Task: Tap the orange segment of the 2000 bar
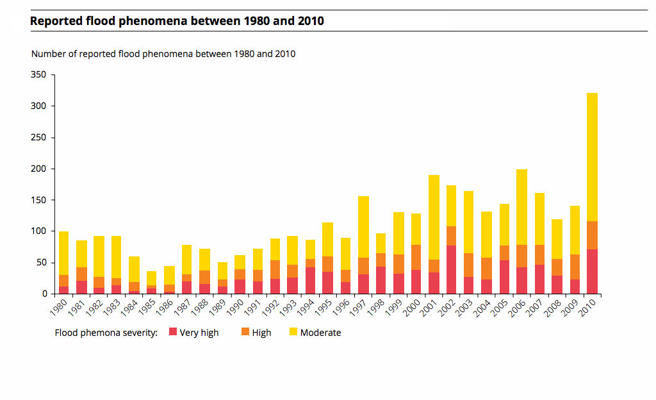click(416, 257)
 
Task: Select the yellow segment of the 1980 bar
click(63, 253)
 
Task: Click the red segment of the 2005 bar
click(504, 276)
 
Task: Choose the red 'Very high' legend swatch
click(172, 332)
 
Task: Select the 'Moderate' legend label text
click(320, 333)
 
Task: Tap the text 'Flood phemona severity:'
click(106, 333)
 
